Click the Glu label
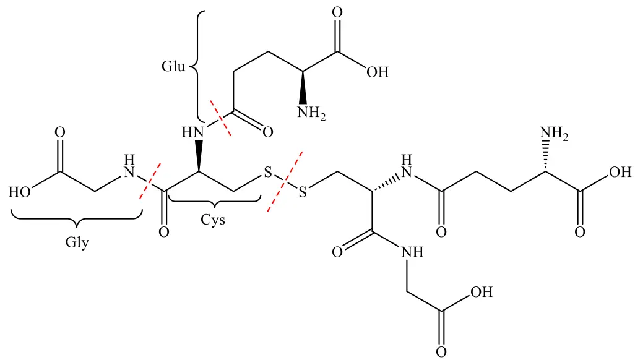click(x=173, y=66)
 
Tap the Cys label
click(x=213, y=220)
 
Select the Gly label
click(x=77, y=242)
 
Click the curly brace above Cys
click(x=214, y=199)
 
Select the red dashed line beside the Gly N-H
click(x=150, y=181)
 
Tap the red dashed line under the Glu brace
click(x=221, y=118)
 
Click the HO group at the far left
click(x=19, y=192)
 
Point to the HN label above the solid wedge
click(x=192, y=132)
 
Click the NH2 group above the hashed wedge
click(x=554, y=133)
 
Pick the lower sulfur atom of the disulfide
click(x=303, y=192)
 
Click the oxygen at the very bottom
click(x=441, y=351)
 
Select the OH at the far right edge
click(x=620, y=172)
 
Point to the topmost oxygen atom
click(x=337, y=12)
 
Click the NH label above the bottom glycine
click(x=412, y=252)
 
